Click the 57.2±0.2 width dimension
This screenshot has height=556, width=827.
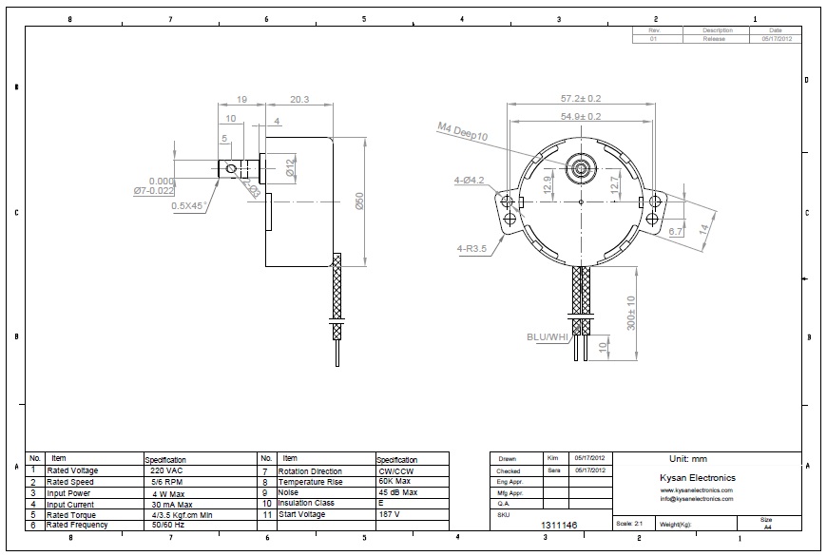tap(580, 98)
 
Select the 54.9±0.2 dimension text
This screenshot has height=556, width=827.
tap(580, 116)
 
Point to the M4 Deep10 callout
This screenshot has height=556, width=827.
tap(462, 131)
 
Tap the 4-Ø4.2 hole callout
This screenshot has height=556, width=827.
tap(470, 180)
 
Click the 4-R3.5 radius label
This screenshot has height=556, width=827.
tap(471, 249)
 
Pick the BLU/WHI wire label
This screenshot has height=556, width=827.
tap(547, 337)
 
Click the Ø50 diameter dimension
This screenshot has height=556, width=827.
tap(359, 202)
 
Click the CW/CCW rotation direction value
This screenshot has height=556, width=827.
tap(395, 470)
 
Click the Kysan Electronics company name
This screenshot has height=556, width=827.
tap(697, 478)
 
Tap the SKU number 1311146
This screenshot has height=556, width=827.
tap(559, 525)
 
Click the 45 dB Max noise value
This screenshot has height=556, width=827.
tap(397, 492)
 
